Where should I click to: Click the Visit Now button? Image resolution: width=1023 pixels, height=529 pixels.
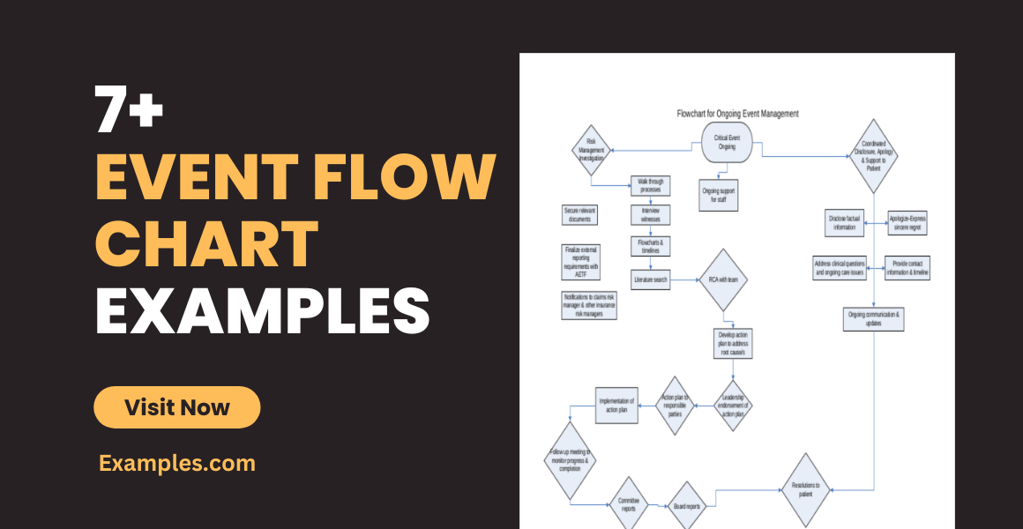(177, 407)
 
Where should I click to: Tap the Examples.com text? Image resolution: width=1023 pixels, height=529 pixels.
(177, 463)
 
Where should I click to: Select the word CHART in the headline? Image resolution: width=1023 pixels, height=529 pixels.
(207, 245)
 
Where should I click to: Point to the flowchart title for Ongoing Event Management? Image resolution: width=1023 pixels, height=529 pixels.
(737, 114)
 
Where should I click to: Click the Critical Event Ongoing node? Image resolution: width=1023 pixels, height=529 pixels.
(727, 143)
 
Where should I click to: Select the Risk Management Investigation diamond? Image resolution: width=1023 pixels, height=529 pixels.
(591, 150)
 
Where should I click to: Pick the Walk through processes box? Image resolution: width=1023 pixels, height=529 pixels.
(651, 186)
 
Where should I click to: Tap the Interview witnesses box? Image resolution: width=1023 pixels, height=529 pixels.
(651, 214)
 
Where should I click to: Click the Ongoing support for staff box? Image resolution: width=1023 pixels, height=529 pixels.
(720, 196)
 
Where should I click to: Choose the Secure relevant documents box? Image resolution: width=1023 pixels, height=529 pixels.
(580, 214)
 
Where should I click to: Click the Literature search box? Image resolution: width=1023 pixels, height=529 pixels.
(651, 280)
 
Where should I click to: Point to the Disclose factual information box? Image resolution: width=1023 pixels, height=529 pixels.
(845, 223)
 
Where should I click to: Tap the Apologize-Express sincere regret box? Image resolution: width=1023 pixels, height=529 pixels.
(907, 223)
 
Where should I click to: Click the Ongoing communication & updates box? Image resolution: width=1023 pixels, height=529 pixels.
(875, 318)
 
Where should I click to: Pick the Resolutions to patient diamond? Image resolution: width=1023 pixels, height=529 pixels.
(806, 490)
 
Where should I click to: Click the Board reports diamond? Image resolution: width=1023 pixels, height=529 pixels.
(687, 506)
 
